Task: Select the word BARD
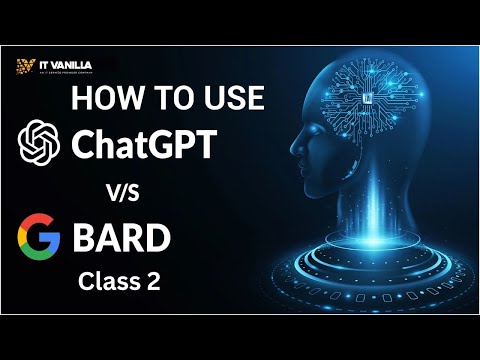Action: [x=121, y=240]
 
